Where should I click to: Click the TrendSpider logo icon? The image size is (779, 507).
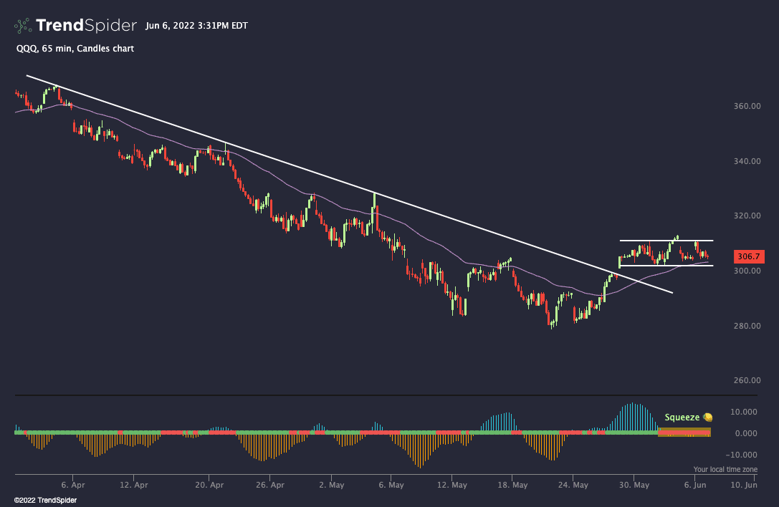tap(23, 26)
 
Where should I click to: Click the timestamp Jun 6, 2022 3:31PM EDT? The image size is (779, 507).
tap(196, 26)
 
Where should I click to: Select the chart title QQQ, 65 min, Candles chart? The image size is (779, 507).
tap(75, 49)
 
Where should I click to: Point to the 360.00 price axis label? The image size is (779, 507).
tap(746, 106)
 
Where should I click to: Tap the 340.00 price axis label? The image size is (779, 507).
tap(746, 161)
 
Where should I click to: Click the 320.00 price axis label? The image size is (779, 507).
tap(746, 216)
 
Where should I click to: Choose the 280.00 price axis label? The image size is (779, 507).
tap(746, 326)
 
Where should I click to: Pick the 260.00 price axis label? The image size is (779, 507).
tap(746, 381)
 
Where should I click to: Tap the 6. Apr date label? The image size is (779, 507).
tap(73, 485)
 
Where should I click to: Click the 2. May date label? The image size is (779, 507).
tap(330, 485)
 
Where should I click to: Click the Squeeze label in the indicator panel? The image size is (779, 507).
tap(682, 417)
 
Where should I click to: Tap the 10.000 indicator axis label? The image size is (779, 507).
tap(745, 412)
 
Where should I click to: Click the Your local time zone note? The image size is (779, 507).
tap(725, 469)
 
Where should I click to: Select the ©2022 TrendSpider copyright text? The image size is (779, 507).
tap(45, 500)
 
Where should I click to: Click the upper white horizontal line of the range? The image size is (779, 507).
tap(666, 240)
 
